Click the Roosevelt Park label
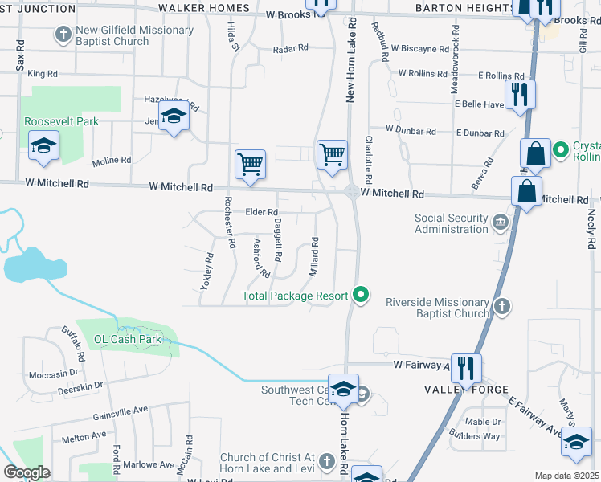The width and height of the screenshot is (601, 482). (60, 121)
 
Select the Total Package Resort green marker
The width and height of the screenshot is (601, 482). (361, 296)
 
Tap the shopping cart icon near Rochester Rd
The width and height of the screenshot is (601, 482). (250, 164)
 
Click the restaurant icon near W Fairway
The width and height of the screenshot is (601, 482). (466, 368)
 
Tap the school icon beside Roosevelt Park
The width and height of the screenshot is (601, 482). (43, 145)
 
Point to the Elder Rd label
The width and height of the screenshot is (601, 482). (261, 212)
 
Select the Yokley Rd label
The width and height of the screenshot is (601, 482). (206, 272)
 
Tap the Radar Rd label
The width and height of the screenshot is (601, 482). (290, 48)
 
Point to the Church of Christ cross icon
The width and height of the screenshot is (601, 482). (325, 461)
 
